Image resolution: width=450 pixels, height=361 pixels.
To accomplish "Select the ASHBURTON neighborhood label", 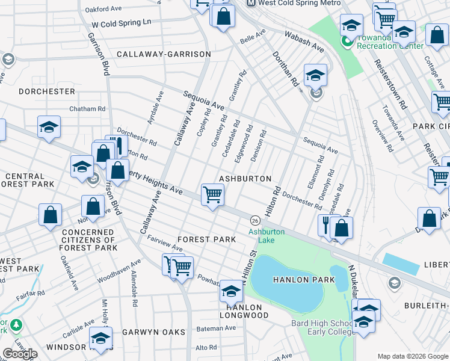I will pyautogui.click(x=245, y=179).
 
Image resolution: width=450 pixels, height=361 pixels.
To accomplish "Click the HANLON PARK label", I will pyautogui.click(x=295, y=280).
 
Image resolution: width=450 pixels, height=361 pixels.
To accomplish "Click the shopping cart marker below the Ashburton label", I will pyautogui.click(x=212, y=196).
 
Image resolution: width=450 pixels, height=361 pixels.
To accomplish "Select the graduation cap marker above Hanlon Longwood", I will pyautogui.click(x=231, y=292).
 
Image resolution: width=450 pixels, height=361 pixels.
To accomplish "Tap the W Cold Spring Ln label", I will pyautogui.click(x=121, y=23).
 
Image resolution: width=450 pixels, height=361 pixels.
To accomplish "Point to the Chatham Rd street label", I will pyautogui.click(x=87, y=109).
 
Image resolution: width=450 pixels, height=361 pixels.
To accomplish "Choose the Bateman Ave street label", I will pyautogui.click(x=217, y=328).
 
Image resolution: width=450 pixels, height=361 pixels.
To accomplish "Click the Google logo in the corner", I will pyautogui.click(x=20, y=354).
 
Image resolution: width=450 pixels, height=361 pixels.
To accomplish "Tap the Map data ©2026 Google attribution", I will pyautogui.click(x=413, y=356).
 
